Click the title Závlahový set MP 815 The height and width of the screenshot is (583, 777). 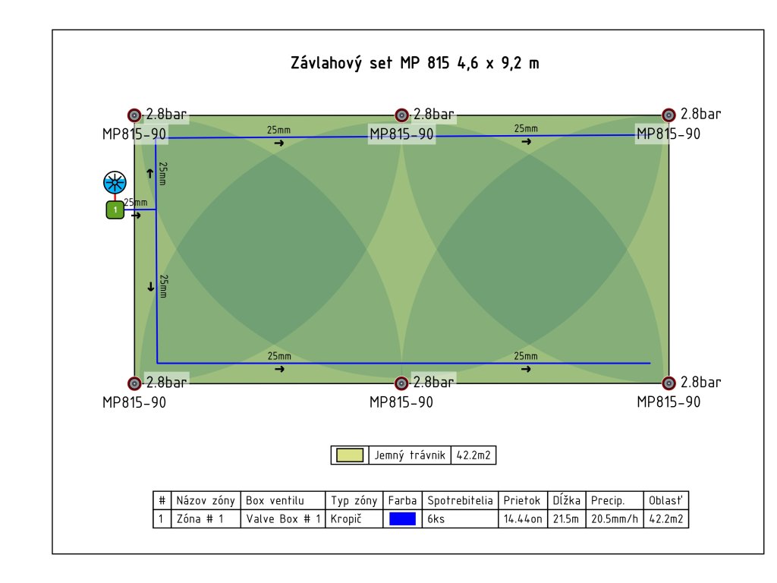pos(415,63)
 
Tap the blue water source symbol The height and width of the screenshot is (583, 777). pos(115,182)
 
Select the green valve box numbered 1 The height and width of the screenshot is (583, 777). pos(115,210)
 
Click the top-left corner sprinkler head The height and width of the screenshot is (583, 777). pos(134,115)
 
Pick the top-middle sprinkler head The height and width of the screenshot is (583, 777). pos(402,115)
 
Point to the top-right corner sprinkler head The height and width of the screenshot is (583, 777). pos(668,115)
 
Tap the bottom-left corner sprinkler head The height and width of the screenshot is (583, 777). pos(134,383)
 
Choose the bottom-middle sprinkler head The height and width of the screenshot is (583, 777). pos(402,383)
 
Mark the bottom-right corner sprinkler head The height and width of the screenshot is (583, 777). pos(668,383)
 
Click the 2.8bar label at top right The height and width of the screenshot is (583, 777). pos(700,115)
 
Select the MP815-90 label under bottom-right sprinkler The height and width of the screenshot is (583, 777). pos(668,402)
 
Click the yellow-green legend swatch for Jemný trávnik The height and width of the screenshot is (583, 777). pos(349,455)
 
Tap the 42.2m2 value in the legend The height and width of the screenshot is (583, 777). pos(473,455)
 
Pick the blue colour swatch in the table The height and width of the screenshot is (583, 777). pos(403,520)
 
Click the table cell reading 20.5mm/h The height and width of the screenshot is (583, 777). pos(615,520)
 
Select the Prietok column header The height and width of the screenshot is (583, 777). pos(522,501)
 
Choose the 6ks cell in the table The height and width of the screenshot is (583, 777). pos(436,520)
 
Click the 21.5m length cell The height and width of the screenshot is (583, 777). pos(567,520)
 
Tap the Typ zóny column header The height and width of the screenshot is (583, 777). pos(354,501)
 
